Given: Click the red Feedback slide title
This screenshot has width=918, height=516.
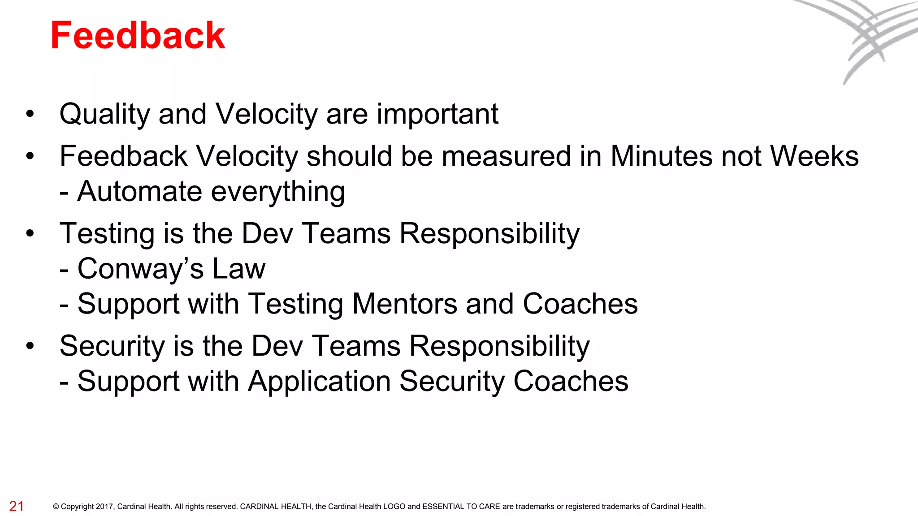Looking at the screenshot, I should click(138, 36).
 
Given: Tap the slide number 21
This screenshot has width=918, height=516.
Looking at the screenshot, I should click(17, 506).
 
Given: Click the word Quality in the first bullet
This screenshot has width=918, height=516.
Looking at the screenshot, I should click(104, 115).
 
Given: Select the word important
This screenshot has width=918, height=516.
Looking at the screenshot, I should click(437, 115).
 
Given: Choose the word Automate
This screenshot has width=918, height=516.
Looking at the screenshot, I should click(139, 192).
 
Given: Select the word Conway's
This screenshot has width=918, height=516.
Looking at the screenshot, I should click(140, 269).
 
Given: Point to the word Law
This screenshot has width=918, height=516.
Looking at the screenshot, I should click(239, 269).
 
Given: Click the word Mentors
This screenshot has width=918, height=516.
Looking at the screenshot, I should click(404, 304).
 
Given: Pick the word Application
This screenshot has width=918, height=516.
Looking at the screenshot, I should click(319, 382).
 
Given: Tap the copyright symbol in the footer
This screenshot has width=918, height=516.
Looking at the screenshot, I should click(56, 507).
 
